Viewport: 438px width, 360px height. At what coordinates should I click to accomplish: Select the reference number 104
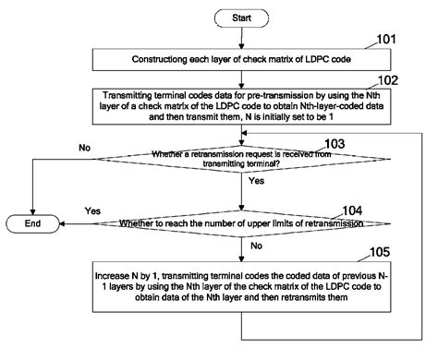tap(330, 209)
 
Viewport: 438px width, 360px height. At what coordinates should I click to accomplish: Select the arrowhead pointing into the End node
tap(60, 223)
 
